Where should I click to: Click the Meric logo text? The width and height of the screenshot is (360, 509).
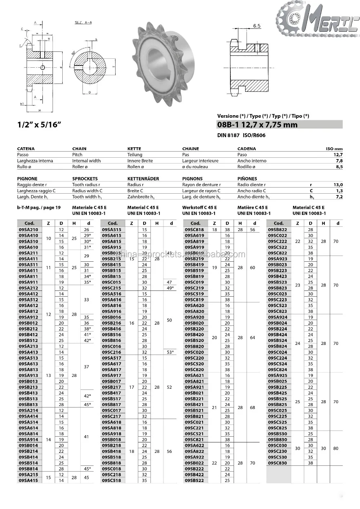click(x=326, y=22)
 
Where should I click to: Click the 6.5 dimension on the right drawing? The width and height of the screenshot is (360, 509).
click(x=257, y=26)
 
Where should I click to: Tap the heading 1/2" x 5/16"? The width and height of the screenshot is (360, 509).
click(x=39, y=125)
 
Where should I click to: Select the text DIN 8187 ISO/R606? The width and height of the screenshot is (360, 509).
click(x=241, y=135)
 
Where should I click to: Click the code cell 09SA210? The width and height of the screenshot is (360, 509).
click(x=28, y=230)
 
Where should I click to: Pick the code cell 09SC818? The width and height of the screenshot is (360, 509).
click(x=194, y=230)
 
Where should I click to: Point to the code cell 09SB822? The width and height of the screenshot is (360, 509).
click(x=278, y=230)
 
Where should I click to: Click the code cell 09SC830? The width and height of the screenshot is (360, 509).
click(x=278, y=463)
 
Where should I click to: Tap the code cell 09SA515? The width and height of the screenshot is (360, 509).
click(x=112, y=230)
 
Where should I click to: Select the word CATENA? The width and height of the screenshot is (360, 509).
click(x=26, y=149)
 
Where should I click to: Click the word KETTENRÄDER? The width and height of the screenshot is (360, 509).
click(x=143, y=179)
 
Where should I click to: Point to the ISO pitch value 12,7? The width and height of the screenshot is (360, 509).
click(x=338, y=155)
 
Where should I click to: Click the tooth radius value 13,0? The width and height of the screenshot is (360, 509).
click(x=338, y=185)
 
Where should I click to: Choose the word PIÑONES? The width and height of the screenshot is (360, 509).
click(x=247, y=179)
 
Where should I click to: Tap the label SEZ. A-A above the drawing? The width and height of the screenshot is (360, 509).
click(x=83, y=22)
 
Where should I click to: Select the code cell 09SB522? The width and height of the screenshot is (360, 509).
click(x=194, y=481)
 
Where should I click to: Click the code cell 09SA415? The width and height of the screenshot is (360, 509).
click(x=28, y=481)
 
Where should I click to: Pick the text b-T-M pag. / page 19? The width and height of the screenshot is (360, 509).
click(x=39, y=208)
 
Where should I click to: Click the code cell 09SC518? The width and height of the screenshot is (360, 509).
click(x=112, y=481)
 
